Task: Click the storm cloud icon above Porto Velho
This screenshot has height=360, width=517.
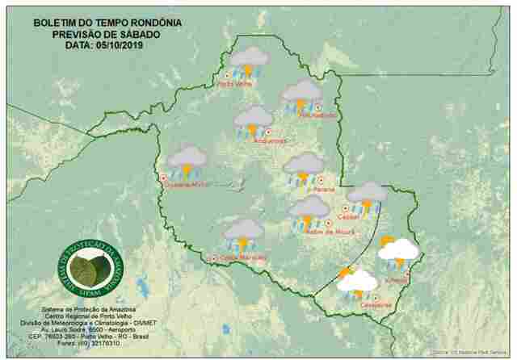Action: point(249,61)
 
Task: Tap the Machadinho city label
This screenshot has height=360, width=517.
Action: point(301,115)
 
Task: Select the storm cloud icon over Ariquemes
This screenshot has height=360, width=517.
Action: point(254,121)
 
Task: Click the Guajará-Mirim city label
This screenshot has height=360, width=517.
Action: point(187,185)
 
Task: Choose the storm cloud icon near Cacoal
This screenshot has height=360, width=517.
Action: point(367,196)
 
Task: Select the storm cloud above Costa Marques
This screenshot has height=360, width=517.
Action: point(244,233)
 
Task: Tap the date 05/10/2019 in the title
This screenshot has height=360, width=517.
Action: point(120,46)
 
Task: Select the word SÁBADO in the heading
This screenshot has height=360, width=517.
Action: point(141,34)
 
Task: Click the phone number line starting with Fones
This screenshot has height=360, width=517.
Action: point(89,343)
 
